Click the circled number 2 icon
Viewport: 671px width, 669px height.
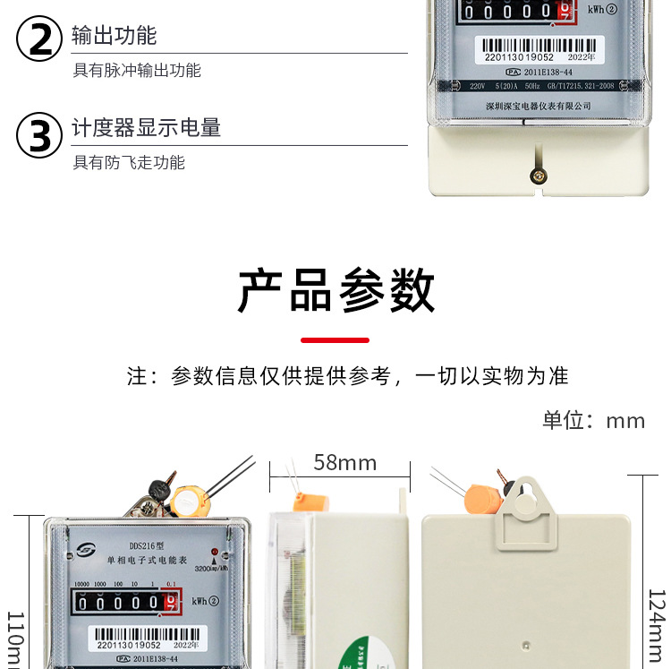(40, 40)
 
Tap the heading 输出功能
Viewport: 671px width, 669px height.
(115, 35)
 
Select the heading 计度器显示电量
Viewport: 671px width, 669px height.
(147, 127)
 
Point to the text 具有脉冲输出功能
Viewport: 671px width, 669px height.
(137, 70)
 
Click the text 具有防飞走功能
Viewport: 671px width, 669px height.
(129, 162)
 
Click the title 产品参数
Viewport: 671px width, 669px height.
(335, 290)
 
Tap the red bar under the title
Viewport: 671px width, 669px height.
(335, 340)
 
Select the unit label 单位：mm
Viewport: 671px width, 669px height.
(593, 420)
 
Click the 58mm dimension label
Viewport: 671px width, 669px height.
(344, 463)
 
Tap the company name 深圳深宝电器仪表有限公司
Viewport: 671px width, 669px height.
(538, 106)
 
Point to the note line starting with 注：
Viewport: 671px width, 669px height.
(347, 376)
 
